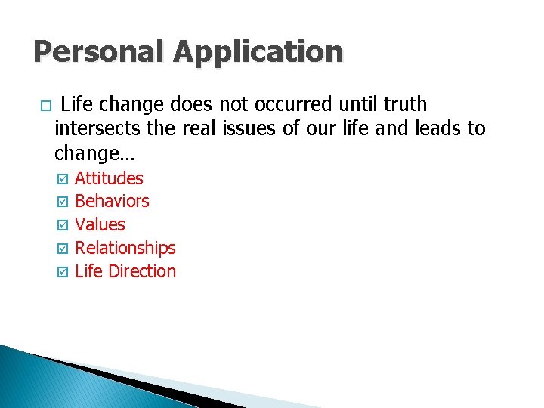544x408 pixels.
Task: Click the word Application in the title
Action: point(258,51)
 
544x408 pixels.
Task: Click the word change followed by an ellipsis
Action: point(90,153)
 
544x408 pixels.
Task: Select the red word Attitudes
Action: point(109,178)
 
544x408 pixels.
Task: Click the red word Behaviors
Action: point(112,201)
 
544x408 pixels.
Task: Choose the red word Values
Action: point(100,224)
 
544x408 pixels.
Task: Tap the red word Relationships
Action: point(125,248)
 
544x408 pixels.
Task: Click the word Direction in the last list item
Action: point(142,271)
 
